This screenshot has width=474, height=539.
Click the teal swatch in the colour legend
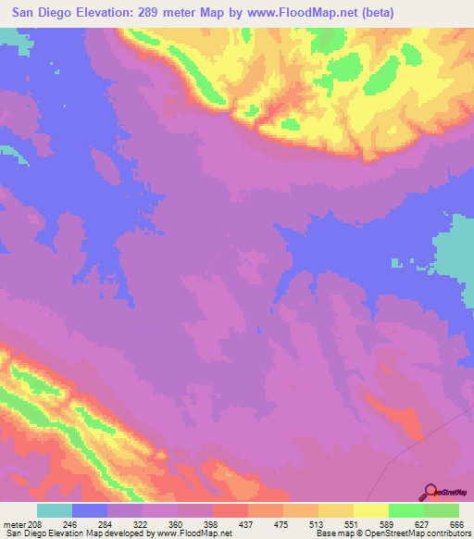click(x=55, y=510)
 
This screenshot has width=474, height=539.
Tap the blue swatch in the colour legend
click(x=90, y=510)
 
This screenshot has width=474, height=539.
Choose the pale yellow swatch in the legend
click(x=371, y=510)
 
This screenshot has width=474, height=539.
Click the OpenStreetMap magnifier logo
click(x=430, y=492)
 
